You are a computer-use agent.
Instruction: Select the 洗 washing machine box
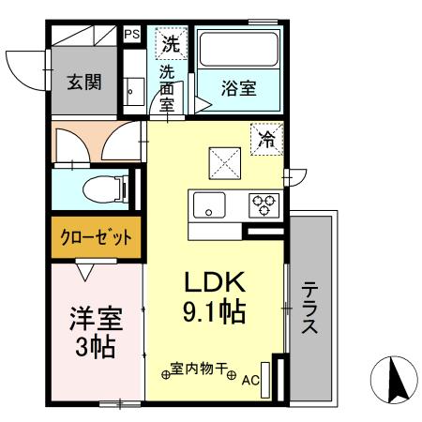click(x=169, y=42)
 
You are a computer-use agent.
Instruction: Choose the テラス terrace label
click(x=310, y=310)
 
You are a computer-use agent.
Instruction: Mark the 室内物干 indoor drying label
click(x=200, y=369)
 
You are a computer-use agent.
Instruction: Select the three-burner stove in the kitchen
click(x=262, y=203)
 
